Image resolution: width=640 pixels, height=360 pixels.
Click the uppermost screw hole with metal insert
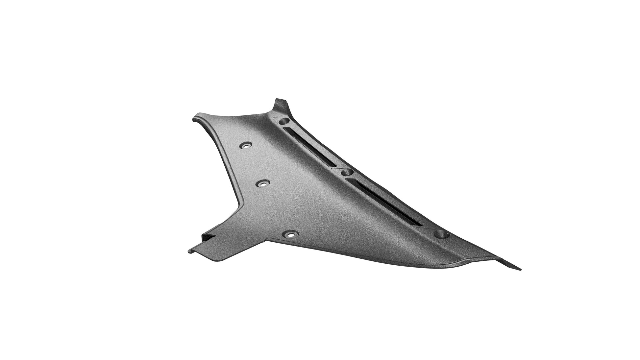click(246, 145)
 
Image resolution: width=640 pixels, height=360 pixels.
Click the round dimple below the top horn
click(283, 122)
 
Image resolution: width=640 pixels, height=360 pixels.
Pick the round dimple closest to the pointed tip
click(441, 234)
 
